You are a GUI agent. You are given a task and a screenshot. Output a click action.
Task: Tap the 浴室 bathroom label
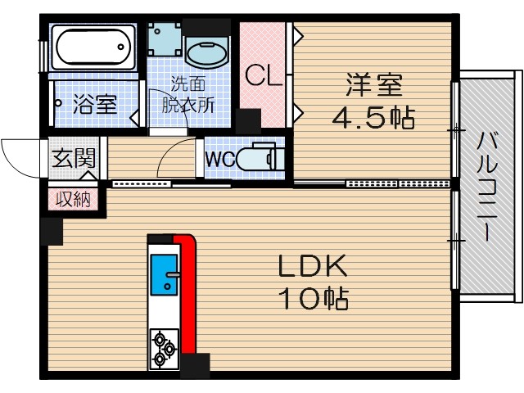[x=95, y=104]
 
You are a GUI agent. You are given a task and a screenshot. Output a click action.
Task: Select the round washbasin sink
[x=206, y=53]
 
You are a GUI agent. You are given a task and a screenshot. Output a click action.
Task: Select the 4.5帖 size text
[x=373, y=118]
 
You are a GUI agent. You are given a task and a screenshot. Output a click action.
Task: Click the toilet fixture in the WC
[x=260, y=159]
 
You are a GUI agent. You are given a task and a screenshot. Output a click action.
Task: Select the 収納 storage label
[x=75, y=198]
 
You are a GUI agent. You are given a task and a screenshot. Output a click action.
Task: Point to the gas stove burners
[x=164, y=348]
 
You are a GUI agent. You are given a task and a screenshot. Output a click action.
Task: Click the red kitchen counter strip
[x=187, y=295]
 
